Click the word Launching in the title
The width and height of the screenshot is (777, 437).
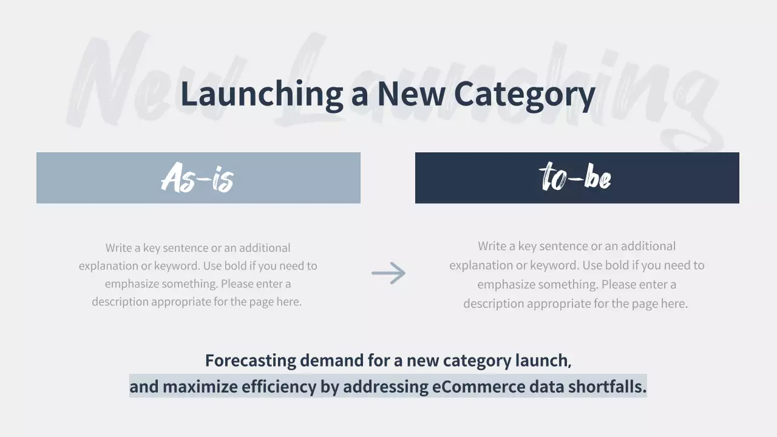[262, 94]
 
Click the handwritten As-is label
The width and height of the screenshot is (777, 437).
[198, 178]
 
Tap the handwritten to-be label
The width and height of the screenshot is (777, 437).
[575, 177]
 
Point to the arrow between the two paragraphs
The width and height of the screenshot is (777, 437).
[388, 273]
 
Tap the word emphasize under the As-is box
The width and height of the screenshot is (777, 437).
[131, 284]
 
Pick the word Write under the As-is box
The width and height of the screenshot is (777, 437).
[118, 248]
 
